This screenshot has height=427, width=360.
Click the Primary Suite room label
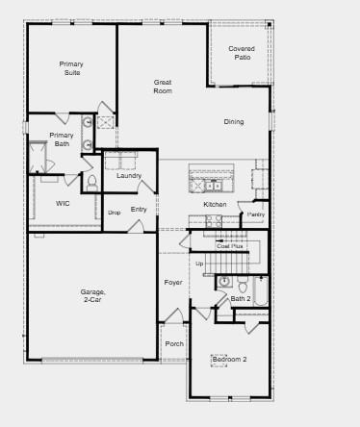tap(72, 68)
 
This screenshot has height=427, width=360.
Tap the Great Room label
tap(163, 86)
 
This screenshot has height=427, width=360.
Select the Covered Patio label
tap(242, 53)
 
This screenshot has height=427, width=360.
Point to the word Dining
tap(234, 122)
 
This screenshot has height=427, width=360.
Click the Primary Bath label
tap(62, 139)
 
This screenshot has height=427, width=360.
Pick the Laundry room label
tap(129, 175)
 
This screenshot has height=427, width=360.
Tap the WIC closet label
tap(63, 203)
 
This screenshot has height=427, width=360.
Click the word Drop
tap(114, 212)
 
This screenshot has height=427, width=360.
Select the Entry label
tap(139, 209)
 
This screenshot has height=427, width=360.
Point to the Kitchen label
tap(215, 204)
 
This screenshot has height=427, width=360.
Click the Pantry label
tap(255, 214)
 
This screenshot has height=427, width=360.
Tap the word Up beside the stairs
tap(199, 263)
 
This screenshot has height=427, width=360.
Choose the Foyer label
tap(173, 282)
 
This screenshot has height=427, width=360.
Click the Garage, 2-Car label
tap(92, 295)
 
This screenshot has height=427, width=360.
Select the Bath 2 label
tap(240, 299)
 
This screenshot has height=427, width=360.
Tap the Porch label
tap(174, 343)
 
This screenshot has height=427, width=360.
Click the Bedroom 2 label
tap(229, 359)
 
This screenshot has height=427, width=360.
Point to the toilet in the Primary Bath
tap(92, 180)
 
